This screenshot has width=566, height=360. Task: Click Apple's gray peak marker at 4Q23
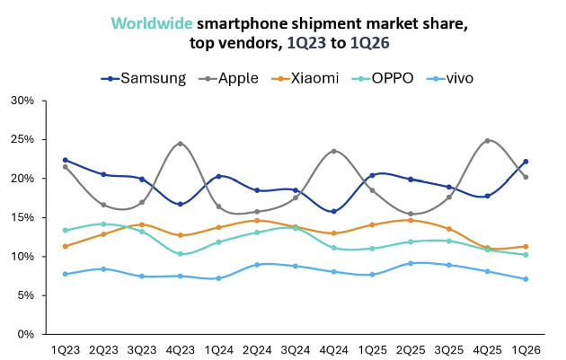coord(181,144)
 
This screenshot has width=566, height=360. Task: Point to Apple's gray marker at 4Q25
coord(487,141)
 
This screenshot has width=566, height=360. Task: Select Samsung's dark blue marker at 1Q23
coord(66,160)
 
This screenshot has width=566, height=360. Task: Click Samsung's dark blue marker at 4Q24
coord(334,211)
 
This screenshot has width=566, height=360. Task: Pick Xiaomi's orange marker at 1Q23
coord(66,246)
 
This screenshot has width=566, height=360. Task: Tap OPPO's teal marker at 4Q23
coord(181,254)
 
